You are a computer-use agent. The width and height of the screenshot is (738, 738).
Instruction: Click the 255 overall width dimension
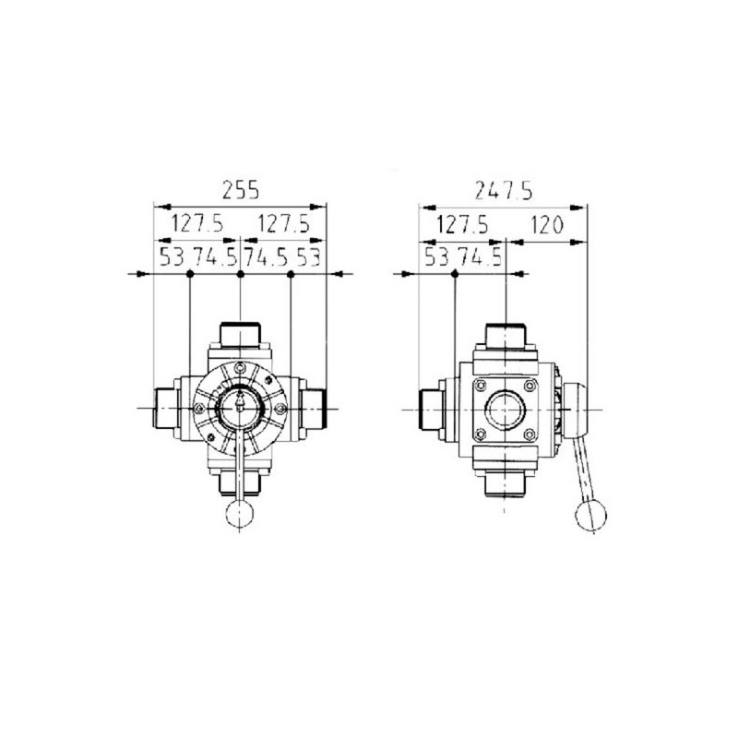(240, 190)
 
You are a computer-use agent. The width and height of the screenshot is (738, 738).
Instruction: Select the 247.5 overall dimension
(502, 190)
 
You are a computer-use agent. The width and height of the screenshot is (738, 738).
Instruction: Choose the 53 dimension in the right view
(437, 257)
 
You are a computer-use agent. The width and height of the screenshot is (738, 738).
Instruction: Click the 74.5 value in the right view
(481, 257)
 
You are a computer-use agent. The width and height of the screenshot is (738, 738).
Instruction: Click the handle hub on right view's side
(569, 406)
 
